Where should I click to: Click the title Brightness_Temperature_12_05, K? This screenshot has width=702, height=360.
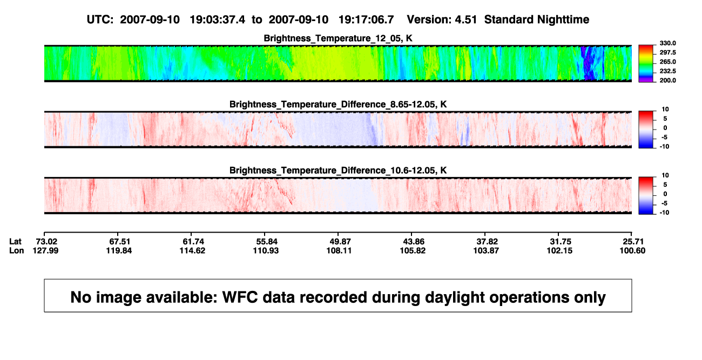tap(338, 38)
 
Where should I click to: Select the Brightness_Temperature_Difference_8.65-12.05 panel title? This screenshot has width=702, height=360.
tap(338, 104)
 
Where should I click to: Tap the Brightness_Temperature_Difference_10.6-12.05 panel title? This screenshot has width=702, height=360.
tap(338, 171)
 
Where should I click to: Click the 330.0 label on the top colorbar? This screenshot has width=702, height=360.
tap(667, 43)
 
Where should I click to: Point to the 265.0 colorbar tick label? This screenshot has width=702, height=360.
tap(667, 62)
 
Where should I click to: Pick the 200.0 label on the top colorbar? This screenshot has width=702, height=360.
tap(667, 80)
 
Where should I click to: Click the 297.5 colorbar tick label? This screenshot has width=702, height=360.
tap(667, 52)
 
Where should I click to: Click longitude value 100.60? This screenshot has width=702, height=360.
tap(632, 250)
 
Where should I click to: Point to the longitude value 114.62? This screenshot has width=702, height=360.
tap(192, 250)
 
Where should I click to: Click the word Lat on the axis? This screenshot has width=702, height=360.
tap(15, 242)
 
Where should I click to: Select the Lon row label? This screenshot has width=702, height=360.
tap(16, 250)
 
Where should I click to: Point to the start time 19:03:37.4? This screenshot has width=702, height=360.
tap(217, 19)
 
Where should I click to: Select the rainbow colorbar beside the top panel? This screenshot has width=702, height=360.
tap(646, 64)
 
